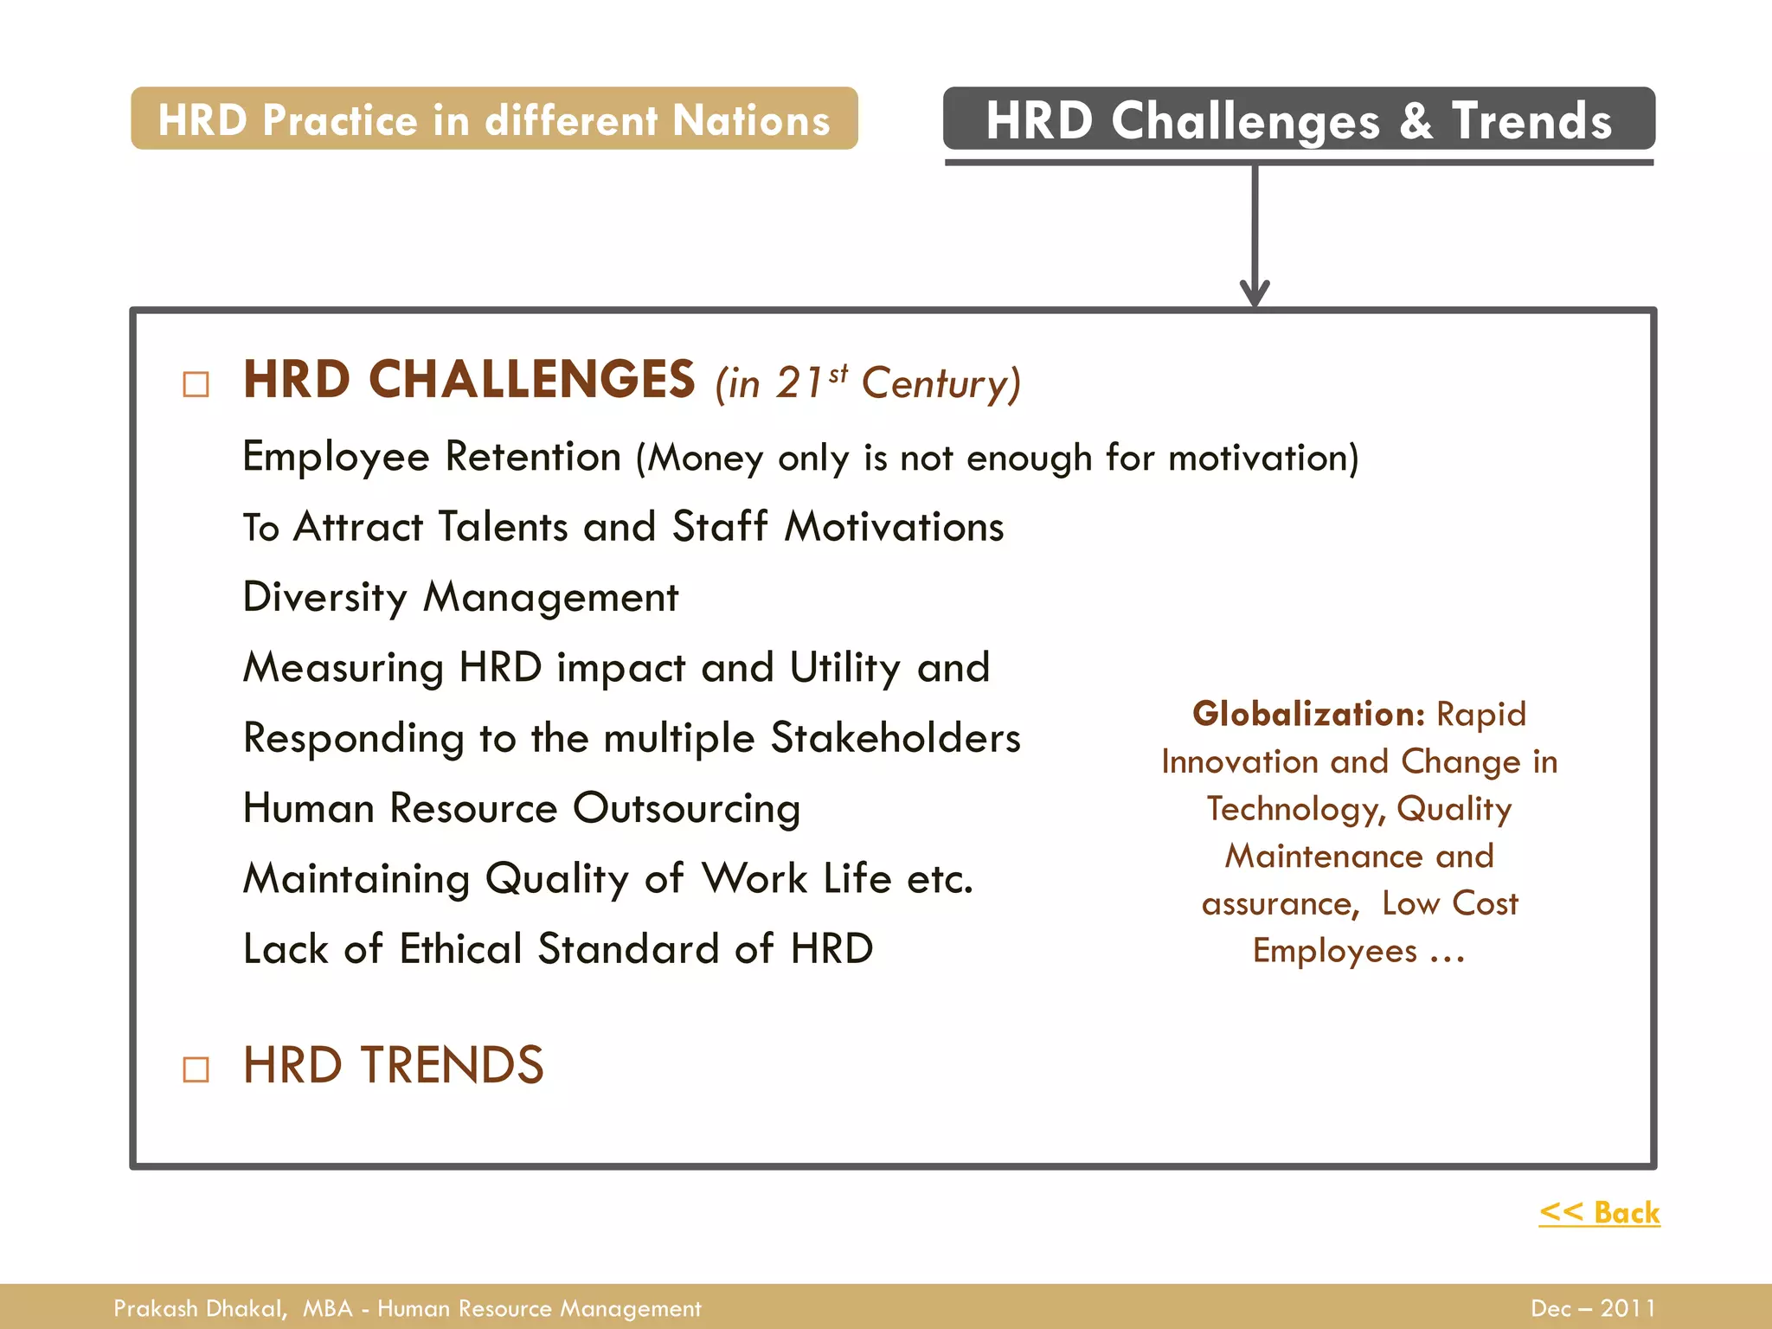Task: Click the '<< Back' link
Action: (x=1599, y=1212)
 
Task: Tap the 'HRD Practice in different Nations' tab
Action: (x=494, y=119)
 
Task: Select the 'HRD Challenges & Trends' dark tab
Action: (x=1299, y=119)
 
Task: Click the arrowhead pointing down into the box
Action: (x=1255, y=292)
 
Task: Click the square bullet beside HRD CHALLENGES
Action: (x=196, y=383)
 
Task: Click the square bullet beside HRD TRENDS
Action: (x=196, y=1069)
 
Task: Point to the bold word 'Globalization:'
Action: (x=1308, y=714)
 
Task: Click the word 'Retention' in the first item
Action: (x=533, y=457)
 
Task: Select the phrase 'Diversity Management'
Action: (x=460, y=598)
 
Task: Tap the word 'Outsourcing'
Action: (x=686, y=809)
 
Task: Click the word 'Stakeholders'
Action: (x=896, y=738)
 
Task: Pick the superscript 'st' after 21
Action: (x=838, y=374)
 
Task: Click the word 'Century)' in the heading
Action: (x=941, y=383)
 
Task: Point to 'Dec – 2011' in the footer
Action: (x=1593, y=1308)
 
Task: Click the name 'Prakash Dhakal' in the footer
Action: (x=199, y=1308)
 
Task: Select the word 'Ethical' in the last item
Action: (x=460, y=949)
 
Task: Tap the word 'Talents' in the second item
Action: (x=503, y=527)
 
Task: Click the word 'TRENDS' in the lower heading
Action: (x=452, y=1065)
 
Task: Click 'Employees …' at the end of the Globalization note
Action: (x=1358, y=951)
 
